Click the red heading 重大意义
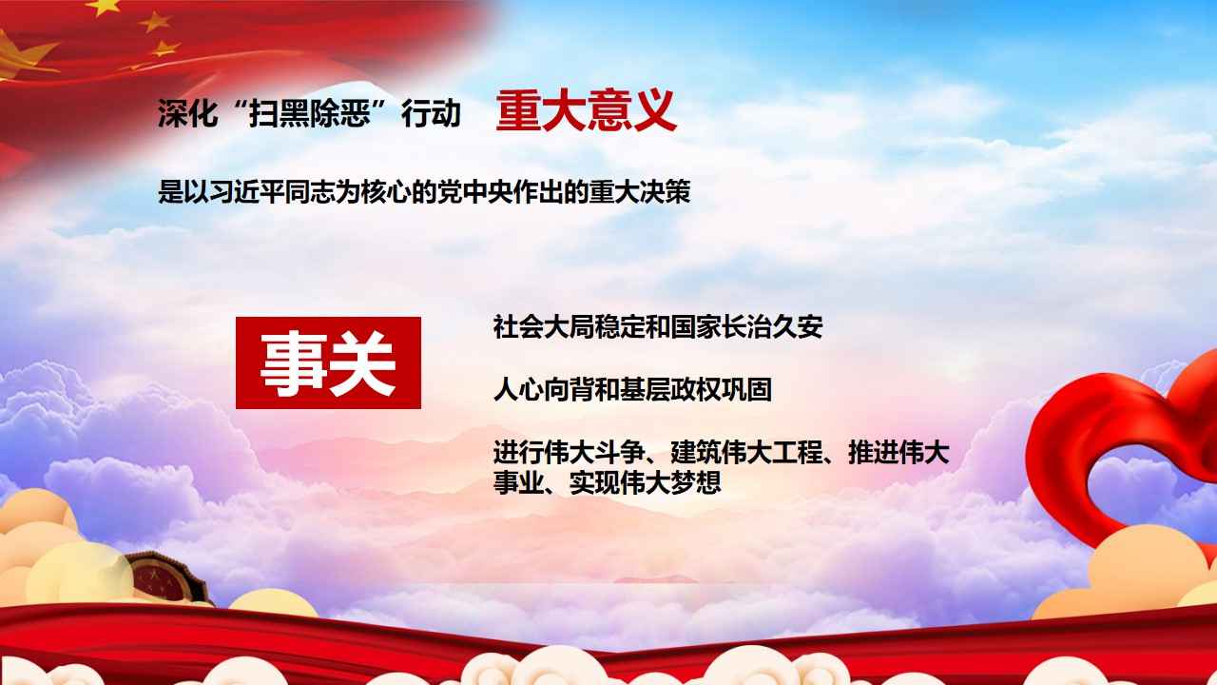pyautogui.click(x=587, y=111)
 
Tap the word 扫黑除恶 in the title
pyautogui.click(x=310, y=113)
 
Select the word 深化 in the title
pyautogui.click(x=188, y=113)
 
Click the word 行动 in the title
pyautogui.click(x=431, y=113)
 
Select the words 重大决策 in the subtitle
pyautogui.click(x=640, y=192)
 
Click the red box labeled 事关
pyautogui.click(x=328, y=362)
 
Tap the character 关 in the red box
pyautogui.click(x=363, y=362)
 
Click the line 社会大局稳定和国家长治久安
pyautogui.click(x=658, y=327)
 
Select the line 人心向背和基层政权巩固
pyautogui.click(x=632, y=390)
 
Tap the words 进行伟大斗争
pyautogui.click(x=569, y=453)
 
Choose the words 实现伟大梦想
pyautogui.click(x=645, y=482)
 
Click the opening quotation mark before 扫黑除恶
pyautogui.click(x=236, y=106)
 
